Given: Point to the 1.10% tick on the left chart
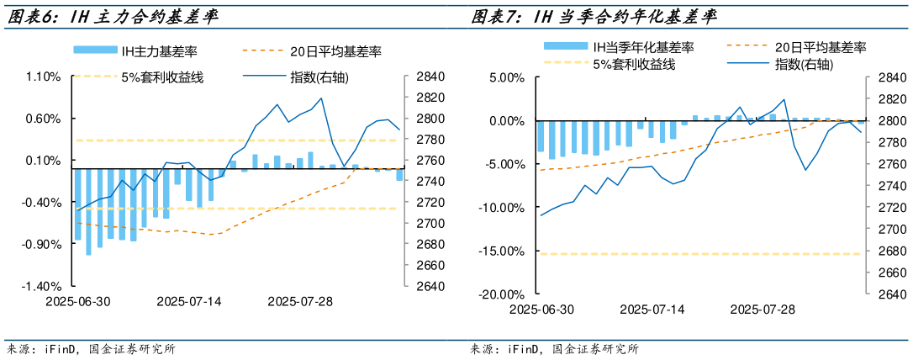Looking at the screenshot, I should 44,77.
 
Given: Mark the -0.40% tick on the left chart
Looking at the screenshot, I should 44,203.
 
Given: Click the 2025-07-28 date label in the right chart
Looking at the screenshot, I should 763,309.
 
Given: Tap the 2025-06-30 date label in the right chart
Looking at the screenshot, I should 542,309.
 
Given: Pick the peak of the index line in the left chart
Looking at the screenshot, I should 321,98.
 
